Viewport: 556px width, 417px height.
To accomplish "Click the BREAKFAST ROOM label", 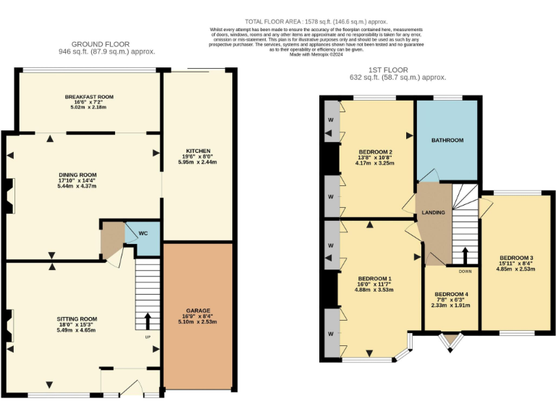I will (x=88, y=97).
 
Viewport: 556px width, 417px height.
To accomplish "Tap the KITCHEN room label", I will (x=197, y=151).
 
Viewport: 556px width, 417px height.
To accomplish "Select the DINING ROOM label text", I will (x=77, y=174).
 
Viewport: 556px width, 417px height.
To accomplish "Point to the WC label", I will (x=143, y=233).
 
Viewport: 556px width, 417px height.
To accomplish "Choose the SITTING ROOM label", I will (x=77, y=319).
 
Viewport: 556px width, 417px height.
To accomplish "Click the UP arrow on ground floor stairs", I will (x=148, y=319).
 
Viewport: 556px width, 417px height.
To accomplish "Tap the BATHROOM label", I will (x=447, y=140).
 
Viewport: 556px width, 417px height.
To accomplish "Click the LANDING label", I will (x=433, y=212).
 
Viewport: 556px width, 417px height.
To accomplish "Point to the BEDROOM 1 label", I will (x=374, y=278).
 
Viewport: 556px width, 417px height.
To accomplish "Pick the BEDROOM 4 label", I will (x=451, y=294).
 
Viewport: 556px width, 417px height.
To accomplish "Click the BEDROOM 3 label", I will (x=515, y=258).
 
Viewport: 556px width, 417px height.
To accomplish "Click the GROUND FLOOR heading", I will (x=108, y=43).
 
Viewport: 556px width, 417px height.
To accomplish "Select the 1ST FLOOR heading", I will (x=397, y=68).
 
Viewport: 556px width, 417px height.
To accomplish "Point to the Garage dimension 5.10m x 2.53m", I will (x=197, y=321).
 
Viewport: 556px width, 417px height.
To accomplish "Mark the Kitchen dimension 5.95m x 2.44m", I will (x=197, y=163).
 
